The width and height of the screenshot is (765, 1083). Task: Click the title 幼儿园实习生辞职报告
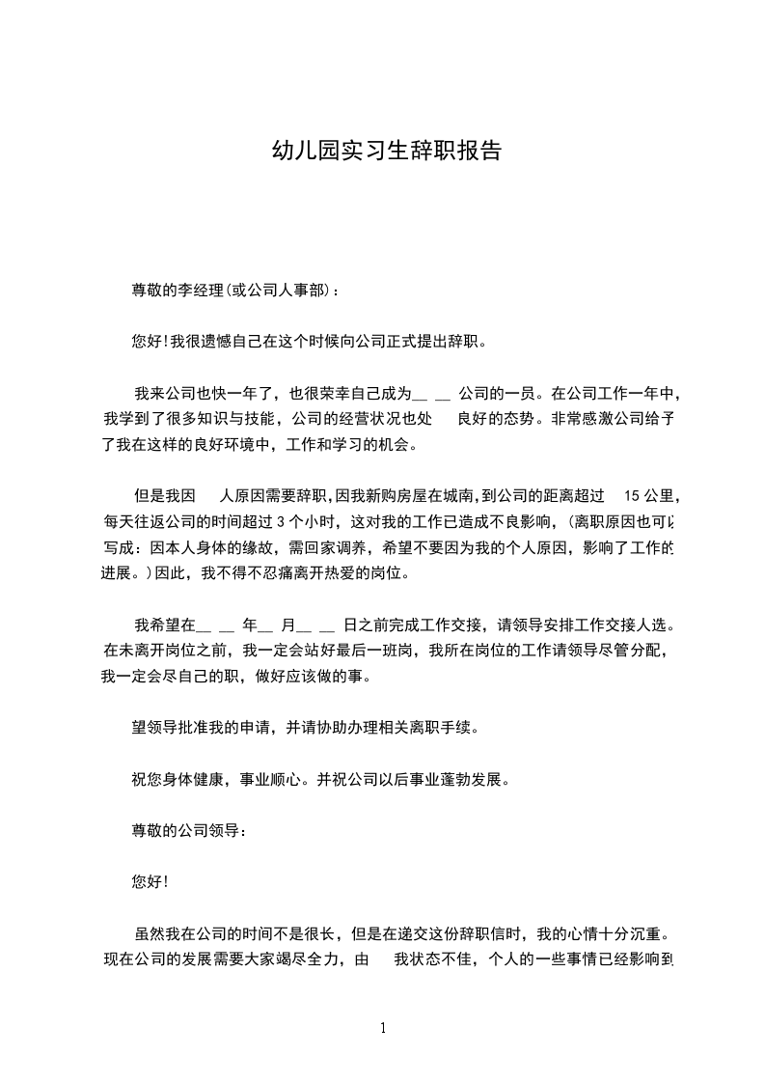[x=386, y=152]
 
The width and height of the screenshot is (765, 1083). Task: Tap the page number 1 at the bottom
[x=383, y=1028]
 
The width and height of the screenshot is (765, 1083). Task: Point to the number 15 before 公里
[x=633, y=497]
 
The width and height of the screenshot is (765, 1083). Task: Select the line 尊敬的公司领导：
[x=189, y=830]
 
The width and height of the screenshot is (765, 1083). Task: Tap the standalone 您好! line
[x=150, y=882]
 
